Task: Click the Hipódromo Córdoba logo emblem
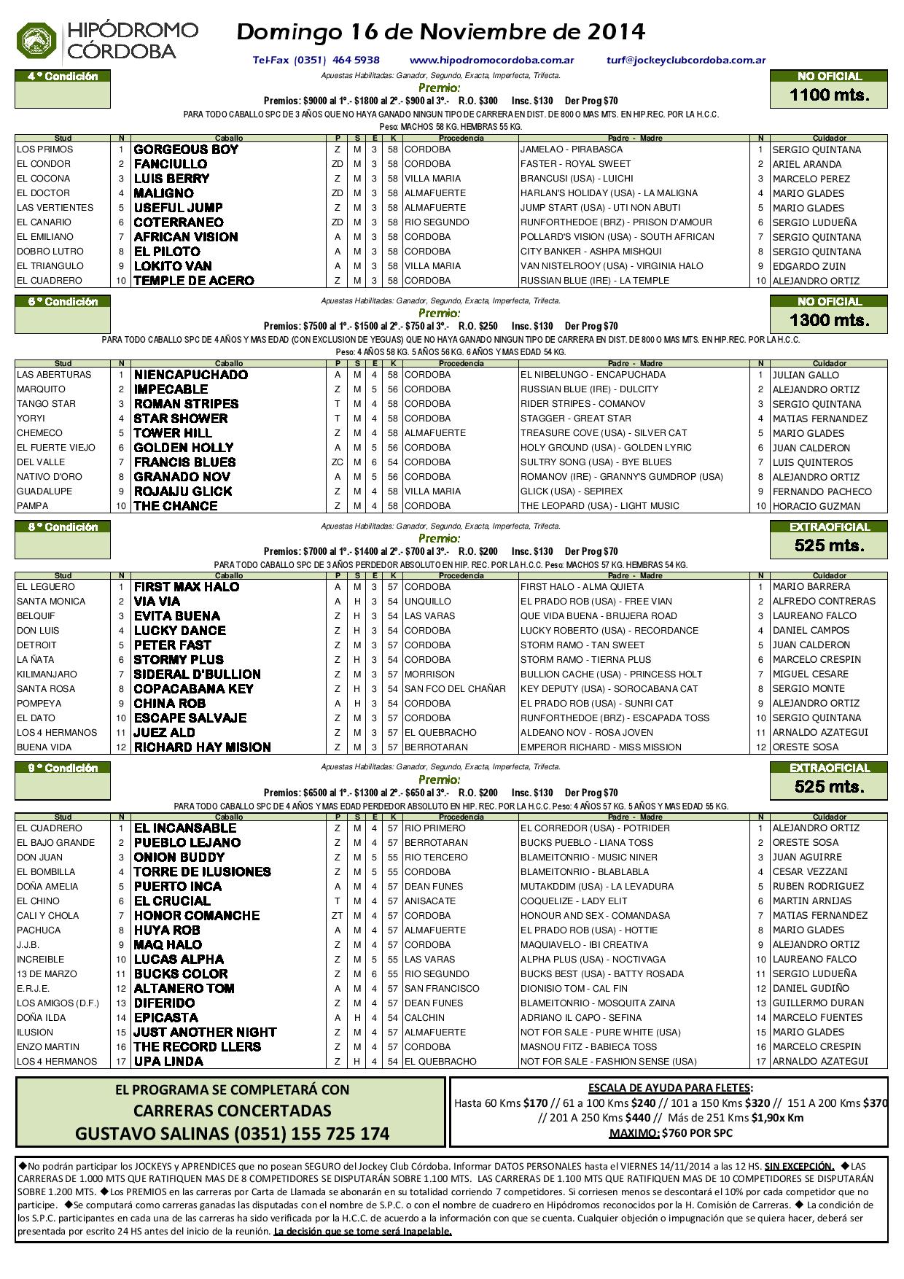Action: (37, 40)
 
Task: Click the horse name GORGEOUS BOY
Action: (186, 149)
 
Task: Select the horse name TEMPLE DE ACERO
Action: (194, 281)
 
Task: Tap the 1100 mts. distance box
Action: (829, 95)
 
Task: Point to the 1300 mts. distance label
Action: (829, 320)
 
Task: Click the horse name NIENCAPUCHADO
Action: (191, 375)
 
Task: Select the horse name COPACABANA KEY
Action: (193, 689)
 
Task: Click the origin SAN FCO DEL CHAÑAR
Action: (455, 689)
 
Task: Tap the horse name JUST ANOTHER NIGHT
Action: (205, 1033)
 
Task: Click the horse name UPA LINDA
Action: (168, 1062)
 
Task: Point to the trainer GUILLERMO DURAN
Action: (818, 1003)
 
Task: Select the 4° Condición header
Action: (63, 76)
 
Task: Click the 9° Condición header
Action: (63, 768)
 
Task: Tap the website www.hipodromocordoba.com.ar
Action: (492, 61)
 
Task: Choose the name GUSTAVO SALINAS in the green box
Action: (151, 1134)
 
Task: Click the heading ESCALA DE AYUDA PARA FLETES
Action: (670, 1087)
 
